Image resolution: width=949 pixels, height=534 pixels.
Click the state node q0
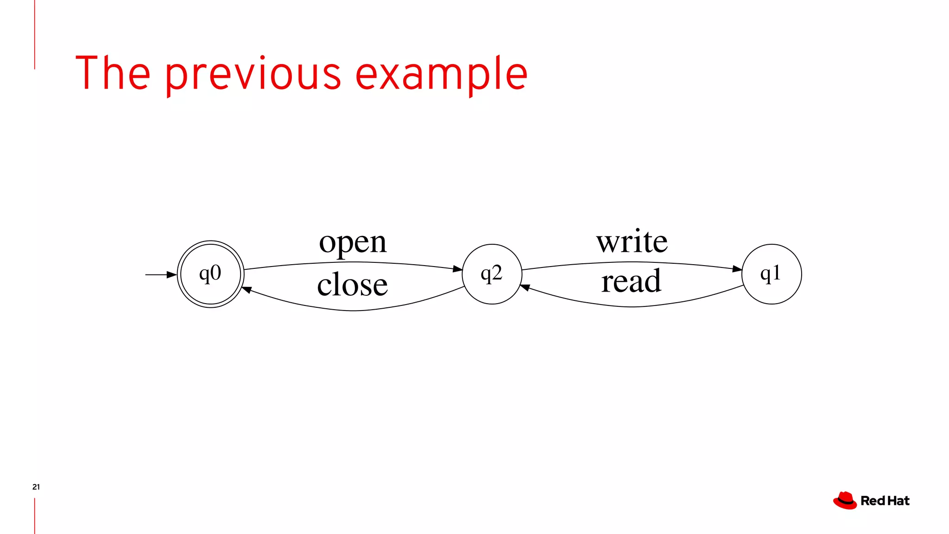point(211,274)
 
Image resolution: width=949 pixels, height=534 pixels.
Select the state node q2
point(492,274)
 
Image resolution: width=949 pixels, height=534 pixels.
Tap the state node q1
point(772,274)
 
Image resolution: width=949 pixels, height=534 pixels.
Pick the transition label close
point(352,284)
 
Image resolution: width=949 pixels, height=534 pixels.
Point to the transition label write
point(632,242)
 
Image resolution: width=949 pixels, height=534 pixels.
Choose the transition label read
point(631,281)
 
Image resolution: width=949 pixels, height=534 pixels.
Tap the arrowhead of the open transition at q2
point(457,269)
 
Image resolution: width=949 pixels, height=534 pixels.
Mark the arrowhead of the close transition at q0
point(247,290)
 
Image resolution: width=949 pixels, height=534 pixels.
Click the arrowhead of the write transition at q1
point(737,269)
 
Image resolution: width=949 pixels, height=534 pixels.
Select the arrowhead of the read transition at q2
point(525,288)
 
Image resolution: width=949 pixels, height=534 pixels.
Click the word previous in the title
point(253,74)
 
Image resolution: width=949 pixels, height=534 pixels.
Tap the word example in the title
point(441,74)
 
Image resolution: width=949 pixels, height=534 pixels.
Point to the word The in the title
point(113,73)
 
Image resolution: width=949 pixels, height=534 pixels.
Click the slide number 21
point(36,487)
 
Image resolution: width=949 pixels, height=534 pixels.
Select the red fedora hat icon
point(845,501)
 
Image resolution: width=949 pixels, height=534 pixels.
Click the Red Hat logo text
point(885,501)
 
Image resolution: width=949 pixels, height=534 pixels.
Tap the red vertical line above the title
point(35,35)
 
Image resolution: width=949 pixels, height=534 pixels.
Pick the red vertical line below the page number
point(35,515)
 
